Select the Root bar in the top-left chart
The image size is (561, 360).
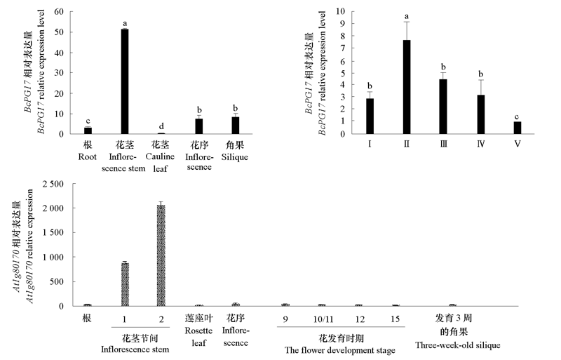[x=88, y=131]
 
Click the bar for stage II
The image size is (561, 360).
[x=407, y=87]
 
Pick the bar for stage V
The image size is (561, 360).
[x=516, y=128]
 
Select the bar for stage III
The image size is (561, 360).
[x=443, y=106]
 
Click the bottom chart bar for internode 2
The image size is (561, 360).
[x=161, y=255]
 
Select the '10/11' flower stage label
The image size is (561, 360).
[x=321, y=319]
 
